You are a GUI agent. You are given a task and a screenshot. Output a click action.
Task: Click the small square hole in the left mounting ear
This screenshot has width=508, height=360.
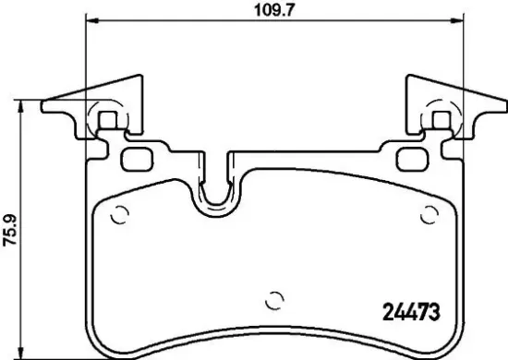pos(108,119)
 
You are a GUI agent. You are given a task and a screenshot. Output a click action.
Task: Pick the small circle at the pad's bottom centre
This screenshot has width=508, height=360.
pos(272,300)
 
